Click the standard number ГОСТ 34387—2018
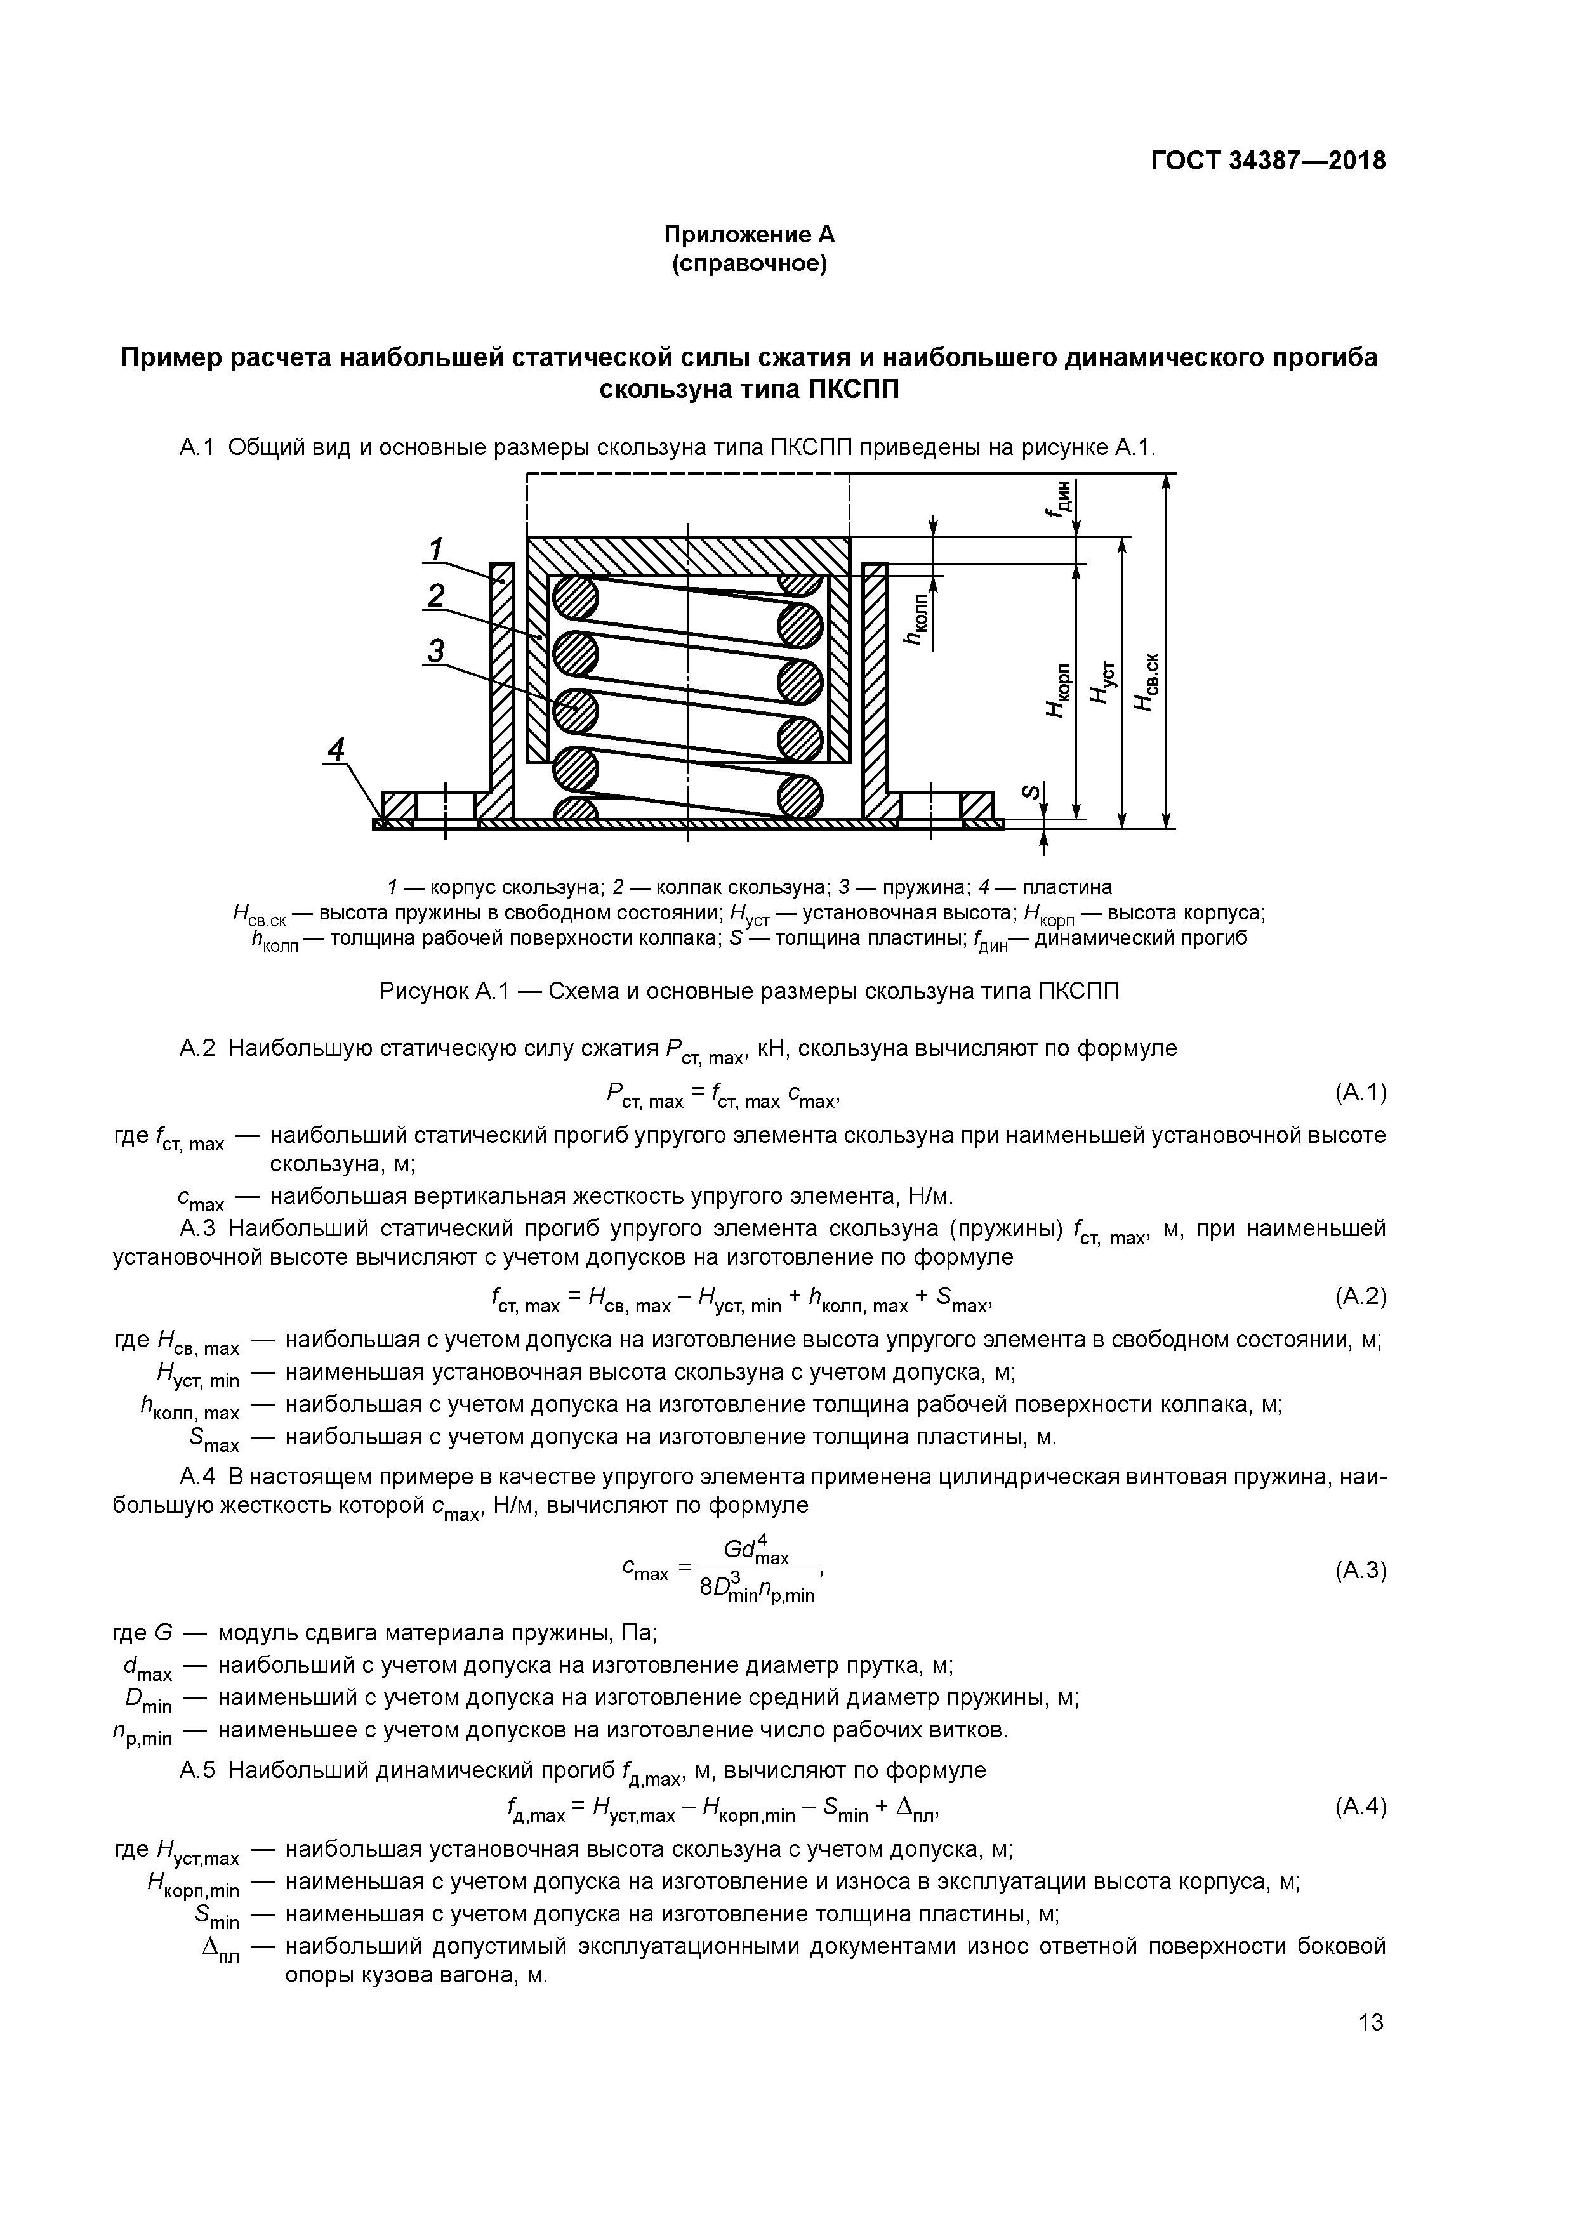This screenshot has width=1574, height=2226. (x=1267, y=161)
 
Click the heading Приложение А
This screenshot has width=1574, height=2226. (x=749, y=235)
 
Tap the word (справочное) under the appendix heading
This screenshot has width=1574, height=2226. (x=749, y=264)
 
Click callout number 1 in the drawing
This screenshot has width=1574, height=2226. (x=437, y=550)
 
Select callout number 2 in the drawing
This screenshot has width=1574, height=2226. (x=437, y=595)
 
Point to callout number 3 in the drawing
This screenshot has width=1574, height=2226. (x=437, y=650)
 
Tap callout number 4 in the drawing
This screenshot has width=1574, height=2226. (x=336, y=749)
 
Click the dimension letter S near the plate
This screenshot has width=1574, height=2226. (x=1032, y=793)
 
